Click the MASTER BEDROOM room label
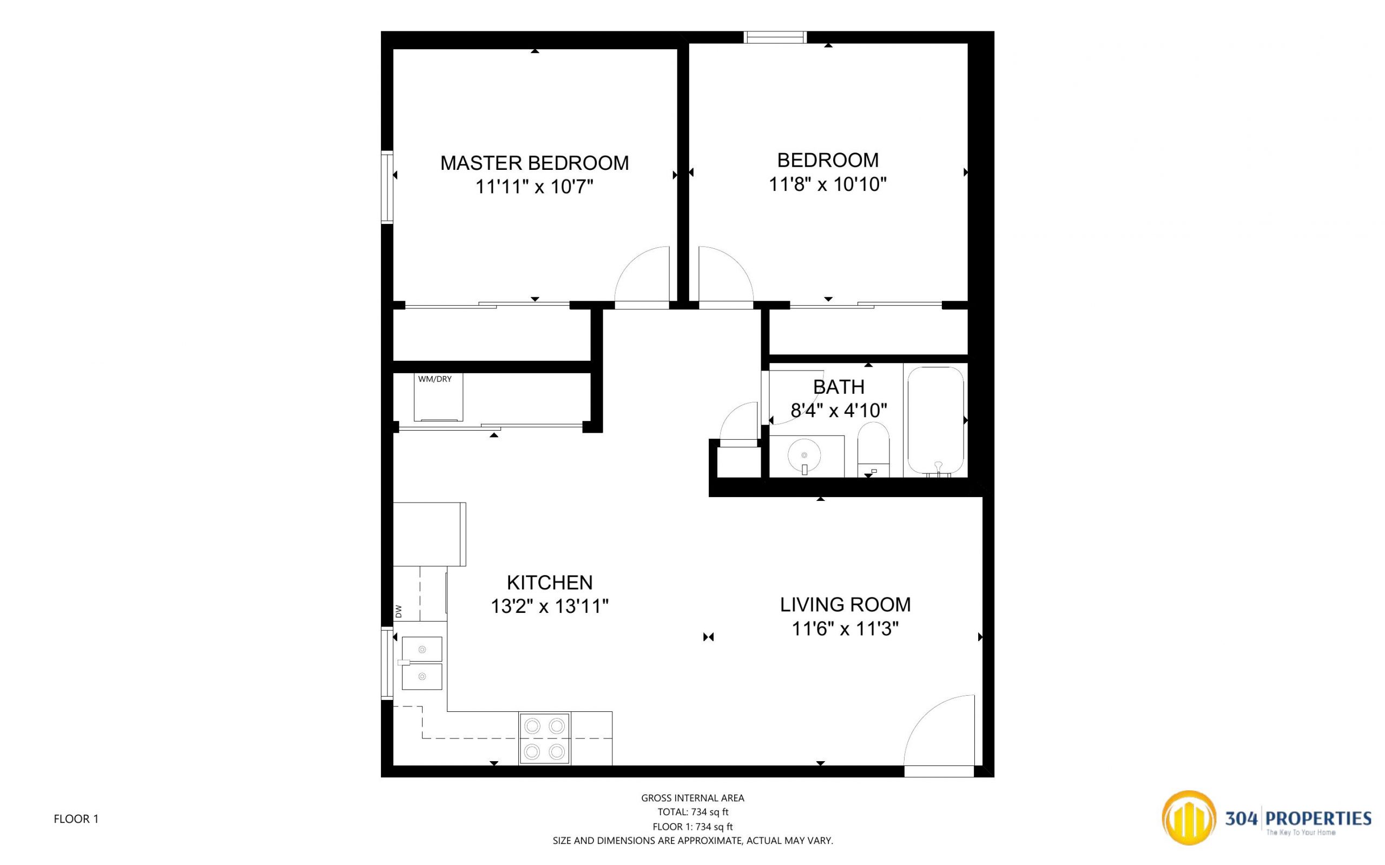coord(535,163)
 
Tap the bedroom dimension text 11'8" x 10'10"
coord(827,185)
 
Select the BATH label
coord(839,387)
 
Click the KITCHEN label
coord(549,583)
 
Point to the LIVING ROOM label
coord(845,604)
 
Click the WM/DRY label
coord(435,379)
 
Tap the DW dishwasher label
coord(399,612)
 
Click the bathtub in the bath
coord(935,421)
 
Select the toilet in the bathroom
coord(874,450)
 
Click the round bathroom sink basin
coord(804,455)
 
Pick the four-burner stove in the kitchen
coord(544,738)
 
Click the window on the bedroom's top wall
coord(775,37)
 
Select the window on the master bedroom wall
coord(387,187)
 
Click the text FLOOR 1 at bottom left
coord(76,819)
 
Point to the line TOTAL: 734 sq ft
coord(693,812)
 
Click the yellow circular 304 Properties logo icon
coord(1189,818)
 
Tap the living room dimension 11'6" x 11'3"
coord(845,629)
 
